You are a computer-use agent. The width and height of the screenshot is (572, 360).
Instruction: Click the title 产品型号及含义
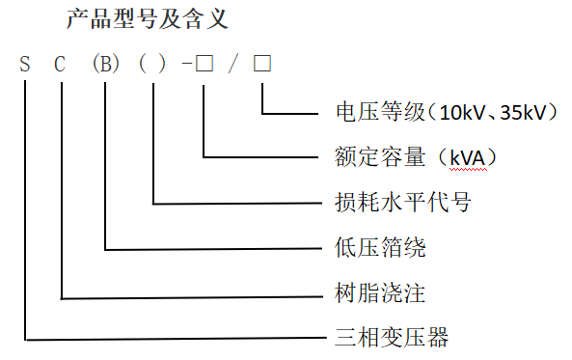tap(148, 19)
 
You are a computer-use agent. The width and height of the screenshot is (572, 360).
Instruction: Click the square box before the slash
tap(204, 66)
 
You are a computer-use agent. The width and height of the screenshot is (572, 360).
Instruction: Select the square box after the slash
tap(262, 66)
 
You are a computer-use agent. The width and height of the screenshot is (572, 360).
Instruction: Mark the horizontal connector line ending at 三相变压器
tap(174, 340)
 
